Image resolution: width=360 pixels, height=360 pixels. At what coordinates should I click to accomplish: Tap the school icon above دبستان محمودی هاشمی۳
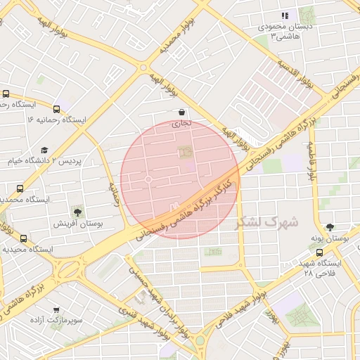pyautogui.click(x=285, y=15)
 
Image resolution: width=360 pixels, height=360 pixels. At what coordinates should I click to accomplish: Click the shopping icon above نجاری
pyautogui.click(x=181, y=112)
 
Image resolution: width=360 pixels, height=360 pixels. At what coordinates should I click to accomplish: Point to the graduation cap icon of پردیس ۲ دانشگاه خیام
pyautogui.click(x=45, y=150)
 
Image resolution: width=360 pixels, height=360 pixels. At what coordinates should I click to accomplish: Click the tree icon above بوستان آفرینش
pyautogui.click(x=77, y=211)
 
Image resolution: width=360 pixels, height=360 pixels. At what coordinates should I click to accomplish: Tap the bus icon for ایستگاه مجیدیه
pyautogui.click(x=24, y=239)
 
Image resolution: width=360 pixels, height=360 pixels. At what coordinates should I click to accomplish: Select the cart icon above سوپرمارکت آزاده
pyautogui.click(x=56, y=309)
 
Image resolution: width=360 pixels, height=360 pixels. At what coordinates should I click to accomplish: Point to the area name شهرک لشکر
pyautogui.click(x=266, y=222)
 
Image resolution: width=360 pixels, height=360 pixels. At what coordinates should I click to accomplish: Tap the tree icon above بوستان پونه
pyautogui.click(x=330, y=227)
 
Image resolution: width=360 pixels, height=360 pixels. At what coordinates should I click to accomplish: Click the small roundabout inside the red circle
pyautogui.click(x=148, y=181)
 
